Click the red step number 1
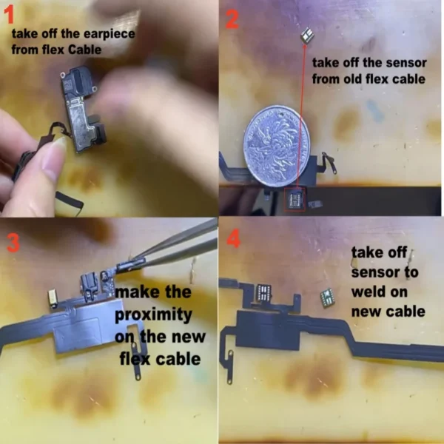coord(9,15)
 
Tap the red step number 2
coord(232,19)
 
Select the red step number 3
coord(13,243)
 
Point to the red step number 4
coord(234,239)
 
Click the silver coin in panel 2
coord(277,146)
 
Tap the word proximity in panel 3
coord(153,314)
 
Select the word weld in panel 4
coord(380,292)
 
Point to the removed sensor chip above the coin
coord(306,36)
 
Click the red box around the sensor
coord(295,199)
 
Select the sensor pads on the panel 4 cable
coord(263,292)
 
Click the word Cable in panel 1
coord(84,50)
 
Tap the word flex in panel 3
coord(132,359)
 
